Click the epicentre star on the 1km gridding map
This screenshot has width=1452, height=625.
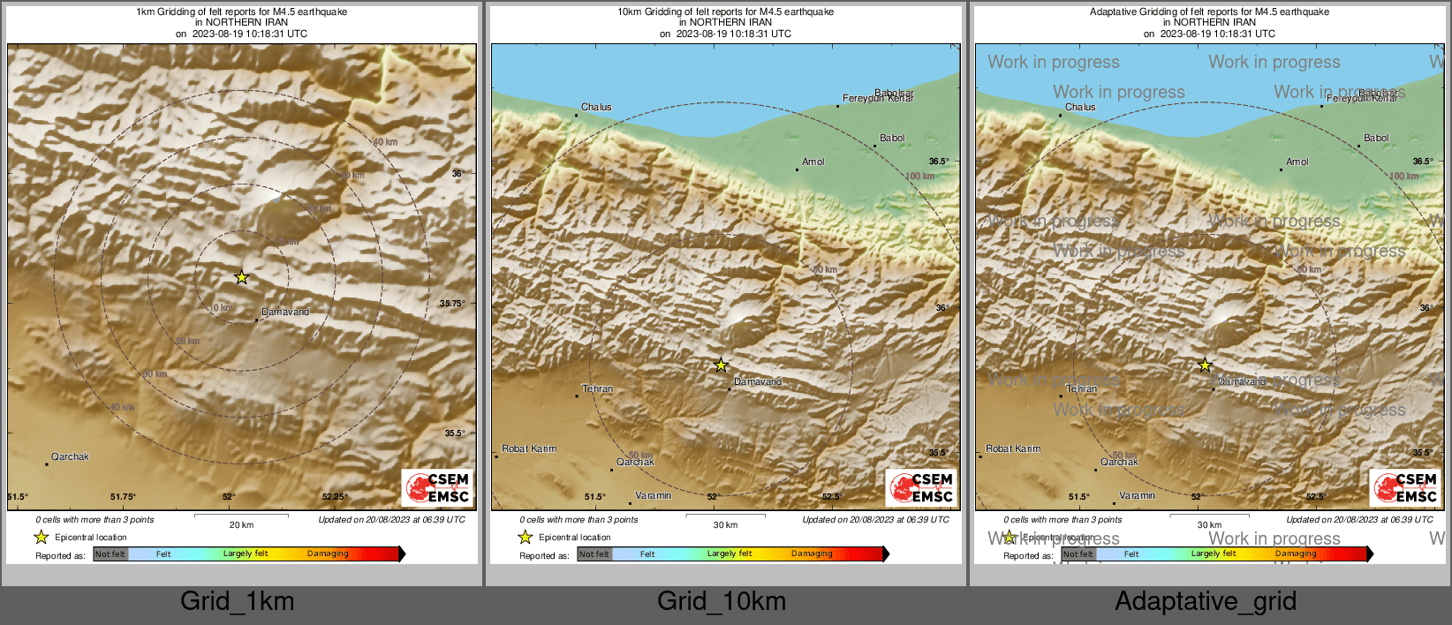[x=242, y=277]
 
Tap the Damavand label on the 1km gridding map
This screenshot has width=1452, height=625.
[x=285, y=312]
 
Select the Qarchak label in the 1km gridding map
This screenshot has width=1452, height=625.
[x=70, y=456]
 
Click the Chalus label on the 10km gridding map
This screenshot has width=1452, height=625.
[x=596, y=107]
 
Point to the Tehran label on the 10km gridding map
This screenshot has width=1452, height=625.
[x=597, y=388]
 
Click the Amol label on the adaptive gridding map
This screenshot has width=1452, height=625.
[x=1297, y=162]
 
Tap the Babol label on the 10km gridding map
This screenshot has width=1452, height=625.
[x=892, y=138]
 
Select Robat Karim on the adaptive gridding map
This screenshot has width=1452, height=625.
[x=1013, y=448]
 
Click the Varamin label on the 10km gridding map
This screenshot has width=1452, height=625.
[x=654, y=495]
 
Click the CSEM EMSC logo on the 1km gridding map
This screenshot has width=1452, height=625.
[x=438, y=487]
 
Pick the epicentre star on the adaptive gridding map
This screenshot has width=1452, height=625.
[x=1205, y=365]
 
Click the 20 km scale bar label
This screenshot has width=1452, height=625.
[x=241, y=524]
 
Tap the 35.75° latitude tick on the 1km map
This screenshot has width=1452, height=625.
[x=452, y=304]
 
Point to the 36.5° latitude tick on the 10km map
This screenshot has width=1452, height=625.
[x=939, y=162]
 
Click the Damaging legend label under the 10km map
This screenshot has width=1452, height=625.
[x=812, y=553]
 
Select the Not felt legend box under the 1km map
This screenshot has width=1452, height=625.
[x=110, y=554]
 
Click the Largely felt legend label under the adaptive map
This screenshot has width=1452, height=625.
[x=1214, y=553]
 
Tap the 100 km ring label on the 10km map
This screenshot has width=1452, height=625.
[x=919, y=177]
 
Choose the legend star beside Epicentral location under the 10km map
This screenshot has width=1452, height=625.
[x=525, y=537]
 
